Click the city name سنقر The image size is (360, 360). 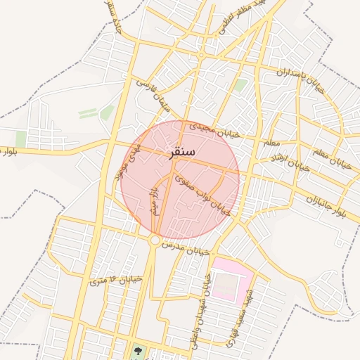(182, 151)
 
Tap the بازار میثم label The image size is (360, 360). (153, 201)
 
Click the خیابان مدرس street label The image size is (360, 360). (186, 248)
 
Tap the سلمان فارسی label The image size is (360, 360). (155, 97)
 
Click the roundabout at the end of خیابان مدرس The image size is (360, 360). (154, 240)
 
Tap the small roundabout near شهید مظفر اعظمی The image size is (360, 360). (201, 55)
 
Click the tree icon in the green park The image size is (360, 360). (136, 349)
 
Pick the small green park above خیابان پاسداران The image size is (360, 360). (240, 85)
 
